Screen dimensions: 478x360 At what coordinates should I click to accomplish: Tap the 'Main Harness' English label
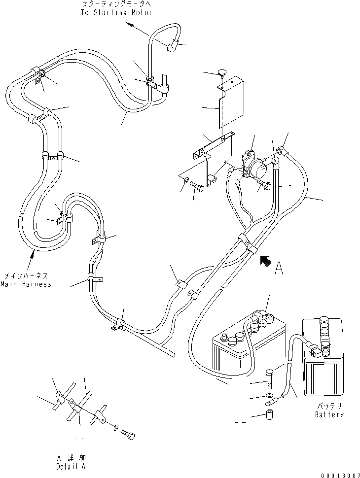pyautogui.click(x=26, y=284)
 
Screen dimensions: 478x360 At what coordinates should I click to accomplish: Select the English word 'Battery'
pyautogui.click(x=329, y=414)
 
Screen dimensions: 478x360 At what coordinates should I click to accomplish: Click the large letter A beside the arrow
pyautogui.click(x=279, y=268)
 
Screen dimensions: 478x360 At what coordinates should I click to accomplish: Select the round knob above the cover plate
pyautogui.click(x=220, y=74)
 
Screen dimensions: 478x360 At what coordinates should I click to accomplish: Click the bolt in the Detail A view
pyautogui.click(x=128, y=434)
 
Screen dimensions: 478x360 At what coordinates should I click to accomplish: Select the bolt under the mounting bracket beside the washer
pyautogui.click(x=198, y=187)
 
